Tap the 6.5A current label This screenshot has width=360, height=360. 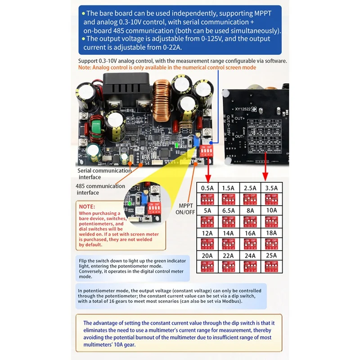coord(228,210)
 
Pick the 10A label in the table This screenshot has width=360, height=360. coord(272,210)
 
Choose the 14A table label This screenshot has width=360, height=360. coord(228,233)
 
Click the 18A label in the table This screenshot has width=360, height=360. coord(272,233)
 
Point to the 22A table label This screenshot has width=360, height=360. coord(228,256)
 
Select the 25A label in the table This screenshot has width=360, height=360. coord(272,256)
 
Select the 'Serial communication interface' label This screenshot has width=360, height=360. coord(104,174)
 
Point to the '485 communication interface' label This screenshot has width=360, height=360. coord(100,189)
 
